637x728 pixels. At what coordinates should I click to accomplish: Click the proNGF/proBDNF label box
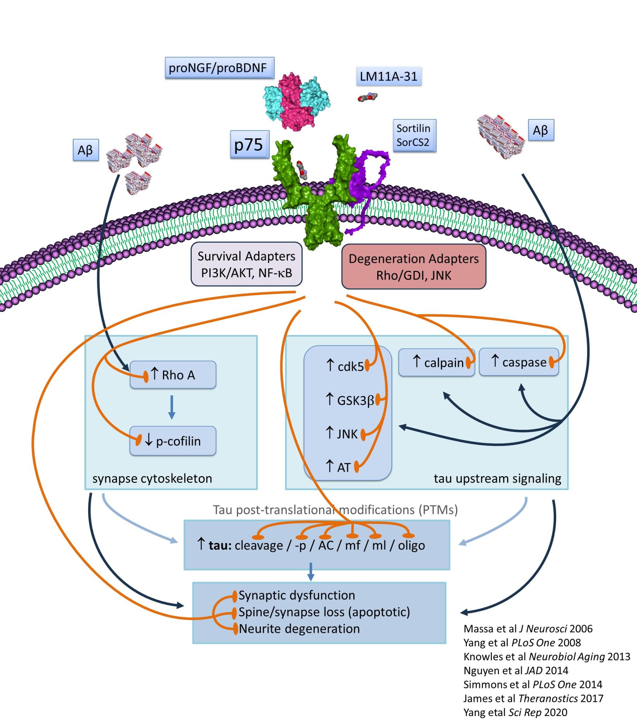[219, 68]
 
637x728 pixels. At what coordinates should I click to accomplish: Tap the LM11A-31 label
[389, 76]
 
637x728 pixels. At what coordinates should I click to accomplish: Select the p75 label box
[250, 145]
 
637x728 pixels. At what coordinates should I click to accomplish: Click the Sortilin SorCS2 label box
[414, 135]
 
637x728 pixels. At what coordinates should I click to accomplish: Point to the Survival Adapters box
[247, 264]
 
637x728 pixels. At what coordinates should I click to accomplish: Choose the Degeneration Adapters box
[414, 267]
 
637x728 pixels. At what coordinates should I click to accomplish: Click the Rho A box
[173, 375]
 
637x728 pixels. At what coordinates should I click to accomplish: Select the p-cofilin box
[173, 441]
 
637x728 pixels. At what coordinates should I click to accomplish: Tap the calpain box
[437, 363]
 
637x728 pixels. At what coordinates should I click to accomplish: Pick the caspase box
[519, 362]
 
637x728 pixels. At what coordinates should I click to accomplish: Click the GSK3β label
[350, 400]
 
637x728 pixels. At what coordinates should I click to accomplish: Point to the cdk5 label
[345, 366]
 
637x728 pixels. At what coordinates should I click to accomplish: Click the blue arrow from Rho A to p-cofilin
[172, 407]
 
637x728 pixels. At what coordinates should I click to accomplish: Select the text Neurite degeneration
[299, 629]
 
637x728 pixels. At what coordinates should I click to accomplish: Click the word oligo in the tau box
[411, 545]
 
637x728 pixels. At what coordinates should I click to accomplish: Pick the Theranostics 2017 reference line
[533, 698]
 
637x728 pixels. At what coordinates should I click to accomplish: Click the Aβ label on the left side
[85, 150]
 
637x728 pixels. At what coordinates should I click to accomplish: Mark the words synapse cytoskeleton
[152, 478]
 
